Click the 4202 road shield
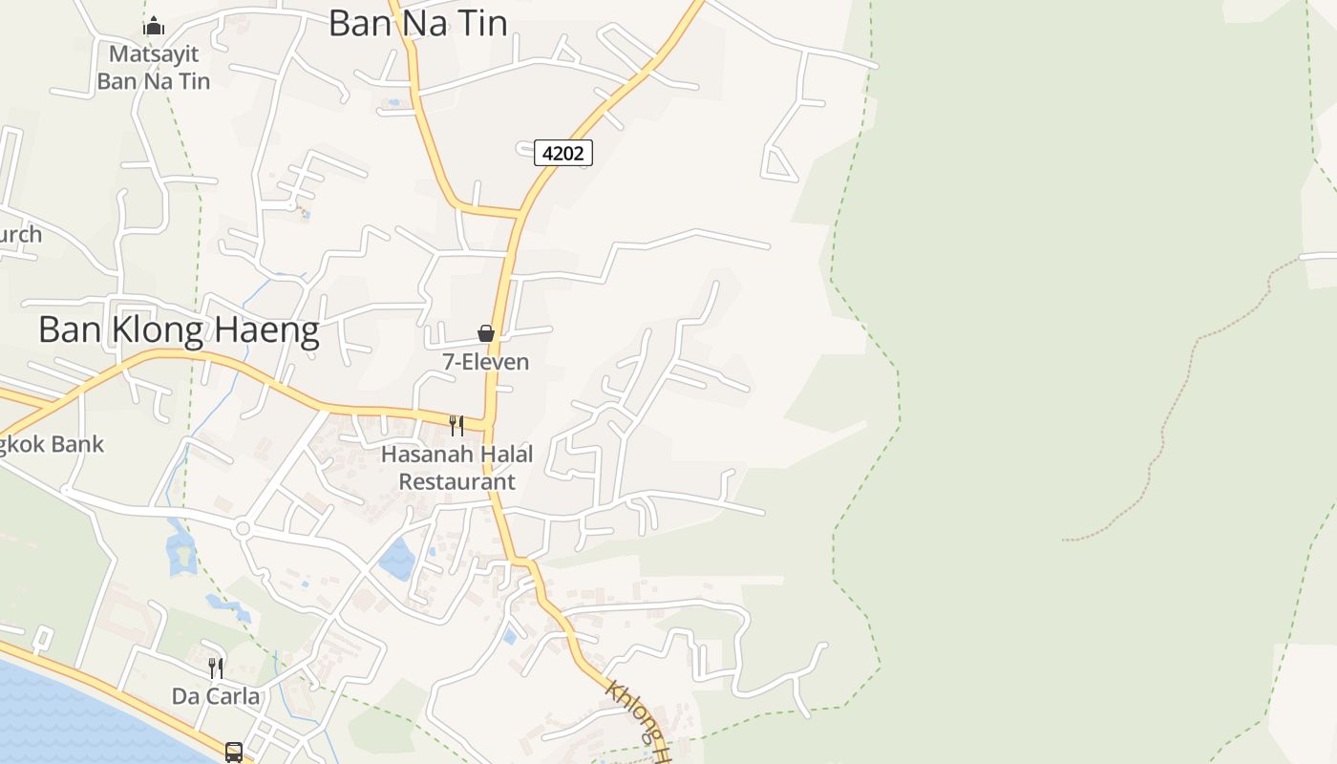pos(562,153)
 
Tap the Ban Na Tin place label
pos(417,23)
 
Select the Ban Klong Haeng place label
pos(179,330)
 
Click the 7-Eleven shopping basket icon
pos(486,333)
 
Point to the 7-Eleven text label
pos(485,362)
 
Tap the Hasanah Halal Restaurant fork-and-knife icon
pos(456,425)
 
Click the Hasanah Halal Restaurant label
pos(456,467)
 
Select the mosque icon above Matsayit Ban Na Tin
pos(154,26)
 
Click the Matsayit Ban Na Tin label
pos(153,67)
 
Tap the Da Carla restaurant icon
pos(216,668)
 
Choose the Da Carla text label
pos(216,696)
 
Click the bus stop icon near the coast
pos(234,753)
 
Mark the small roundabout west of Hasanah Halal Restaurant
pos(243,528)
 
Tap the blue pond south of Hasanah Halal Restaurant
pos(397,560)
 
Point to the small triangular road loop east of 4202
pos(778,166)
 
